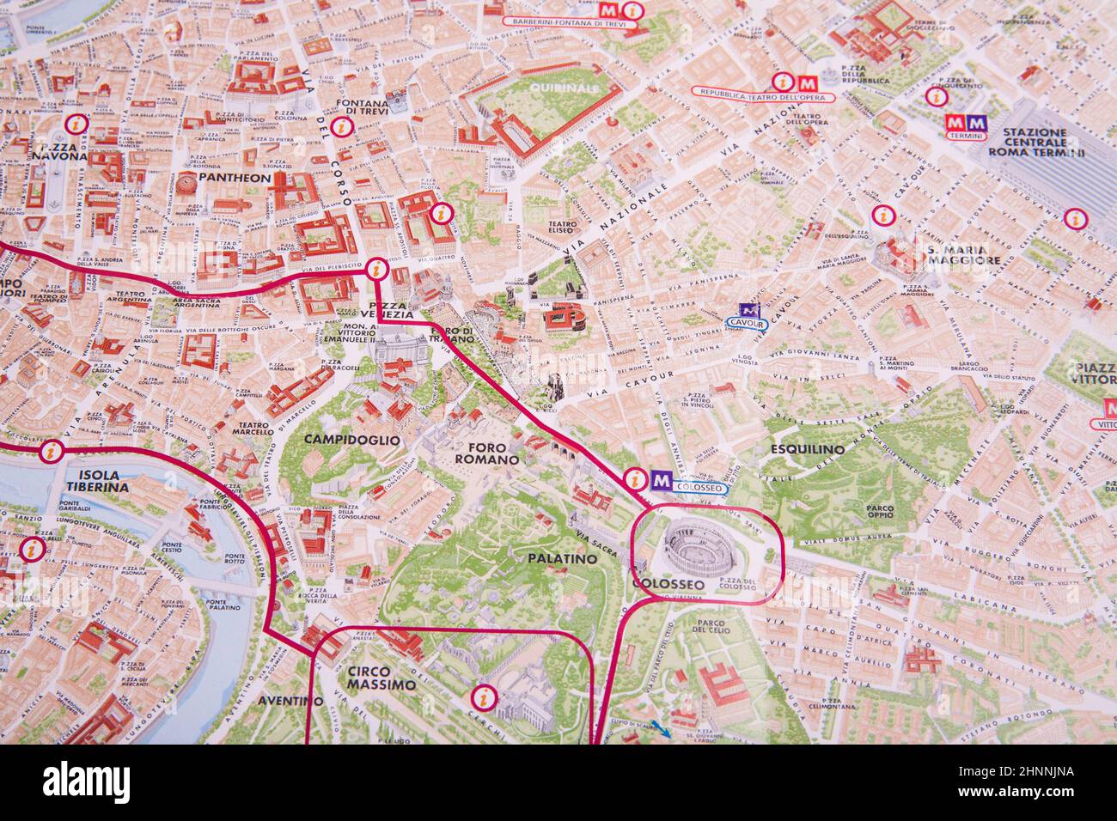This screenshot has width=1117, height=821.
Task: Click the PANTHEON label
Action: coord(234,178)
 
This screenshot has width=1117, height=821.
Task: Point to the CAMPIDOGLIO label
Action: coord(352,439)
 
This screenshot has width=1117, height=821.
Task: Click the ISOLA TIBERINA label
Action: coord(97,480)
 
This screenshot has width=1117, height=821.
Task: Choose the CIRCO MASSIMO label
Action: coord(381,678)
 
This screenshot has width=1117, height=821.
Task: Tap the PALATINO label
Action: coord(563,558)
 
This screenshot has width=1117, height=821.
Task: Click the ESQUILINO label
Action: coord(807,448)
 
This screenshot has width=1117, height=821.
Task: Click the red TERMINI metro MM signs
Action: coord(964,123)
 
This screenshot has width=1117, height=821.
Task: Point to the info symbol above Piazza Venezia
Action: coord(375,269)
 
